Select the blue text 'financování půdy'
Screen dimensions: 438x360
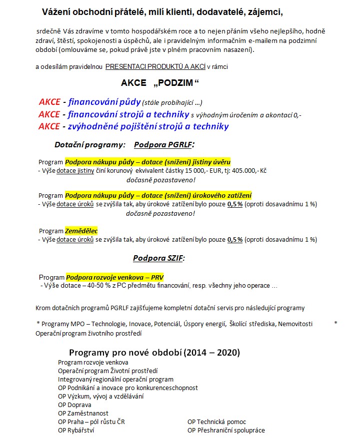coord(104,102)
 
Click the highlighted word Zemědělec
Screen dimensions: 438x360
coord(81,231)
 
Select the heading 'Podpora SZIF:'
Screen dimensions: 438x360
coord(158,258)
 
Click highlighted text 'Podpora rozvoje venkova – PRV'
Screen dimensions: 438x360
coord(114,277)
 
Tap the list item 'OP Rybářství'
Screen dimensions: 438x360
coord(76,430)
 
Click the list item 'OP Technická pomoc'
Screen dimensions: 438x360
coord(216,422)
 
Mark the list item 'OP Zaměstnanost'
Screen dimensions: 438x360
coord(83,413)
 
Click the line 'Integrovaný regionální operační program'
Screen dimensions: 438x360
coord(115,379)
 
